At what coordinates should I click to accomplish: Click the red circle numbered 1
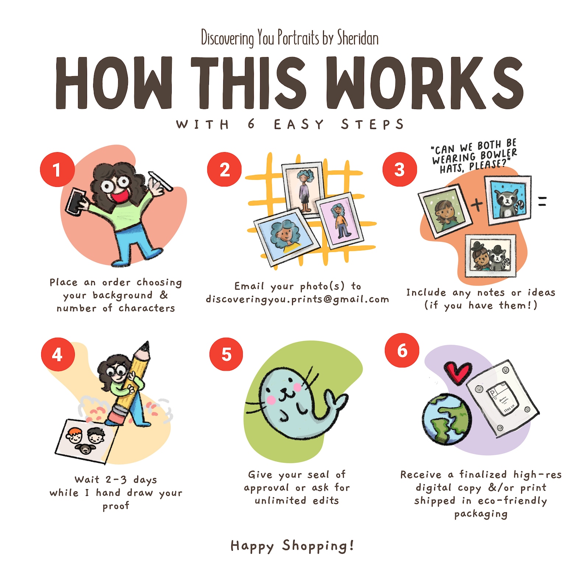coord(57,169)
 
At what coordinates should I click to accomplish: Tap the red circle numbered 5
coord(226,354)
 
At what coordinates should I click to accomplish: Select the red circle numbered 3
coord(399,169)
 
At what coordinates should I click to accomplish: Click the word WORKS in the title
coord(424,83)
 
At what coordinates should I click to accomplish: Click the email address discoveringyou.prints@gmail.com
coord(297,299)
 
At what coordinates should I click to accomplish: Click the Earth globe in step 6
coord(447,419)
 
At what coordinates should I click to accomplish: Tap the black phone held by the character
coord(75,202)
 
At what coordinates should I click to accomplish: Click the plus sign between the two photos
coord(477,204)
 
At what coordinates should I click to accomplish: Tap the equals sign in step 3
coord(542,201)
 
